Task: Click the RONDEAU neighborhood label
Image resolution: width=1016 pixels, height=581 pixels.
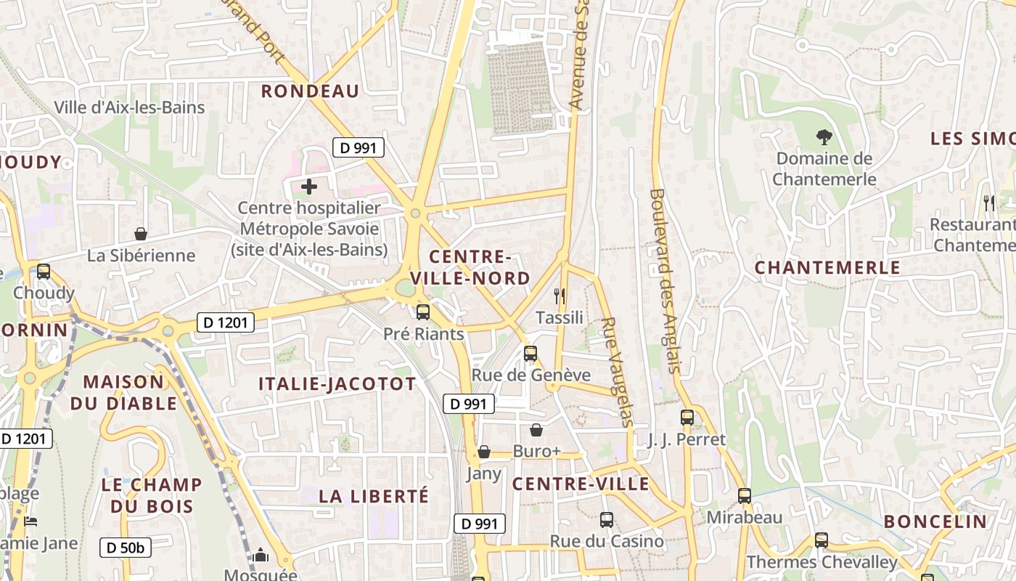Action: click(x=310, y=91)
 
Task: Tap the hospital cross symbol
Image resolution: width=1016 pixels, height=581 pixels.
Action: click(x=309, y=187)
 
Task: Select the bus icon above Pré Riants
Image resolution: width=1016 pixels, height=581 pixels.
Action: click(x=422, y=312)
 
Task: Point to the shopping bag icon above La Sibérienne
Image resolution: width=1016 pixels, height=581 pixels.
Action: click(x=141, y=234)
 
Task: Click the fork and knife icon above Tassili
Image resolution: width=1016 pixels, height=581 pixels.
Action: click(x=560, y=296)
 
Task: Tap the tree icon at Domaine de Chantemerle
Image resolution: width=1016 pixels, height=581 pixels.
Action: click(x=824, y=137)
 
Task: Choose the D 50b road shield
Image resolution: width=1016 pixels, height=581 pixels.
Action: click(x=125, y=548)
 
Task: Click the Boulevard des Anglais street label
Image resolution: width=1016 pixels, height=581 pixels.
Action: click(x=666, y=281)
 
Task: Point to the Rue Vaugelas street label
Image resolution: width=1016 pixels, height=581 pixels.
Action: click(x=618, y=371)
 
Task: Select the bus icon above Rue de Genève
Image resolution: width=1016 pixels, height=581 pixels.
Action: click(x=530, y=354)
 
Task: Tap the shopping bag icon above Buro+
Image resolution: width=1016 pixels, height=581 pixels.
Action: click(x=536, y=430)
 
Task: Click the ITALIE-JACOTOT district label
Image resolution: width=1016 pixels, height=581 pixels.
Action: click(x=337, y=384)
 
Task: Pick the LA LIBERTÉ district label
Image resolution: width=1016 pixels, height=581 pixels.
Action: click(x=374, y=497)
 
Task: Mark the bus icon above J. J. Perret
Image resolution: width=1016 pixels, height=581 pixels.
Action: click(x=687, y=418)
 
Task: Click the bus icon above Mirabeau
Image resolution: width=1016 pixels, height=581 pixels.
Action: click(x=745, y=496)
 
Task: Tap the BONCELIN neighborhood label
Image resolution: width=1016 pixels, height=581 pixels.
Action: click(x=935, y=521)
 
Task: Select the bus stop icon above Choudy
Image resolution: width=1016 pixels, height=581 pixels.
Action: click(x=44, y=272)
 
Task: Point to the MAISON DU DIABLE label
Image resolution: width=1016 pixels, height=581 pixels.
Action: click(x=123, y=392)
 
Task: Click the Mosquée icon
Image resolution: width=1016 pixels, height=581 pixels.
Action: click(x=261, y=556)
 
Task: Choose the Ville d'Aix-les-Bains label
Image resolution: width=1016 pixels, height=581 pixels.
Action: click(x=129, y=107)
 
